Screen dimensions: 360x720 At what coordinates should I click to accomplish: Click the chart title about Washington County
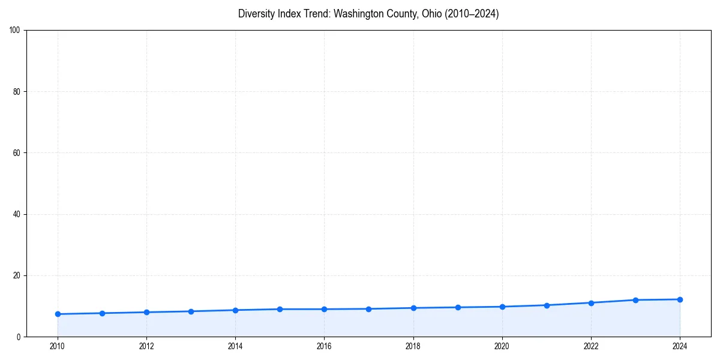[368, 14]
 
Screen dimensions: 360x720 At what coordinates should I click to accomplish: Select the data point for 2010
[58, 314]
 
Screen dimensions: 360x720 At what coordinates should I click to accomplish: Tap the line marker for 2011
[102, 313]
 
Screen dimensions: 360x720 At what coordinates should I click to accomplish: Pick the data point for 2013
[191, 311]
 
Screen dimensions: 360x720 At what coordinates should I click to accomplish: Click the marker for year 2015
[280, 309]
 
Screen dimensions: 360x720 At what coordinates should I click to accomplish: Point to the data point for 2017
[368, 309]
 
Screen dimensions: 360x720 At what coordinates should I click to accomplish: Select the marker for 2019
[458, 307]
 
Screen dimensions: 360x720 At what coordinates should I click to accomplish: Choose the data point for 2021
[547, 305]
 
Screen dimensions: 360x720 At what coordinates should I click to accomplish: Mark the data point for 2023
[635, 300]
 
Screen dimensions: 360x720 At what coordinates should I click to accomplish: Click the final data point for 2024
[680, 299]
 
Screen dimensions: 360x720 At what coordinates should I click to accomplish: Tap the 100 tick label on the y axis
[16, 30]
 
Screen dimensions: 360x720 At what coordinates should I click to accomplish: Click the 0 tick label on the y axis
[19, 337]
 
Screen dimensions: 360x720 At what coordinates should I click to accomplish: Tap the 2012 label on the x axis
[146, 346]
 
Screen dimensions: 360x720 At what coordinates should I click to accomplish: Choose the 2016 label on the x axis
[324, 346]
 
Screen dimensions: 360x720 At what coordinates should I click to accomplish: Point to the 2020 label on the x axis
[502, 346]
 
